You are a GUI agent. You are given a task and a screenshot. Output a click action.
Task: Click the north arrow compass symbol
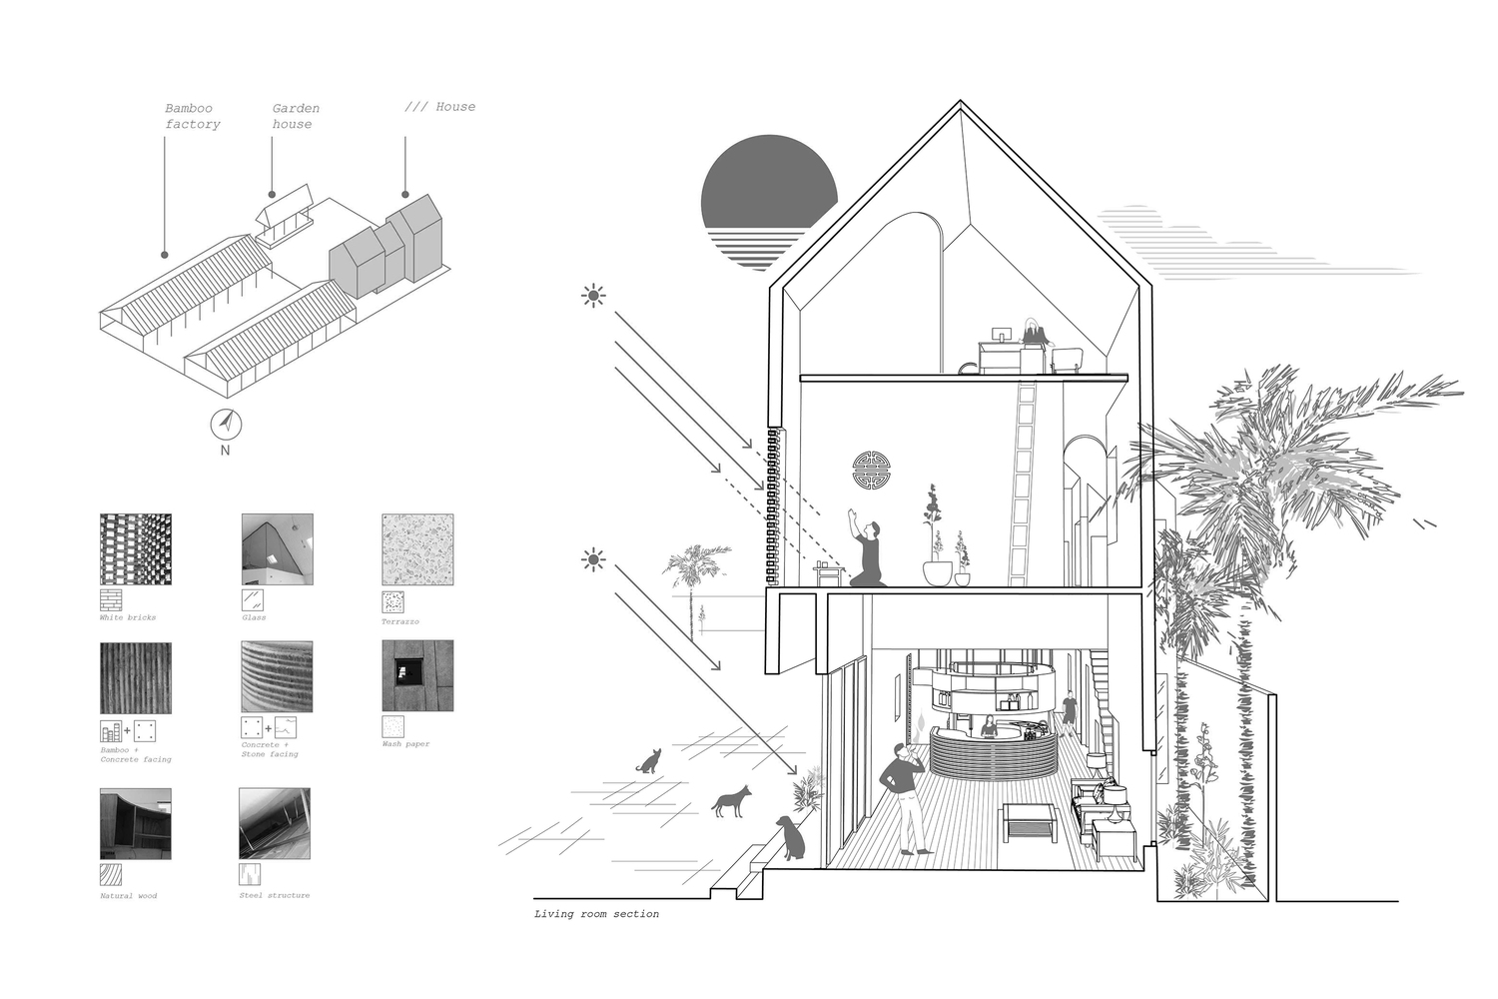click(227, 424)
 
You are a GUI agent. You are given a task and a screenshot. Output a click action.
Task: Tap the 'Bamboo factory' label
click(193, 116)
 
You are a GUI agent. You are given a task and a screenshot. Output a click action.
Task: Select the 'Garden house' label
click(295, 116)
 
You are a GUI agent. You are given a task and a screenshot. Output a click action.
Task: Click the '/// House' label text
click(440, 107)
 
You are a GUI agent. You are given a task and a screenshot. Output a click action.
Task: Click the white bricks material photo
click(136, 549)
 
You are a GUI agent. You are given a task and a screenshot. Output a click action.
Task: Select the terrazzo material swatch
click(417, 549)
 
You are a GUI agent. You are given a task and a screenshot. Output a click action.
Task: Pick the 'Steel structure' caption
click(275, 895)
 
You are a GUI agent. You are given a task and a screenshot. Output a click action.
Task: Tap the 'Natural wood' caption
click(129, 895)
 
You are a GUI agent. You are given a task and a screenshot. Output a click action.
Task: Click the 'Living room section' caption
click(596, 914)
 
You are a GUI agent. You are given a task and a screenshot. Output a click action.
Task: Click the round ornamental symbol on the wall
click(870, 471)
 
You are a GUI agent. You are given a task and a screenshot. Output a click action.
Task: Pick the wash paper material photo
click(417, 675)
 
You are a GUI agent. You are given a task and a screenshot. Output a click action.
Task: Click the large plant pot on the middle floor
click(938, 572)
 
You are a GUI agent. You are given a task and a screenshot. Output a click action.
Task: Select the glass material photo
click(277, 549)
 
